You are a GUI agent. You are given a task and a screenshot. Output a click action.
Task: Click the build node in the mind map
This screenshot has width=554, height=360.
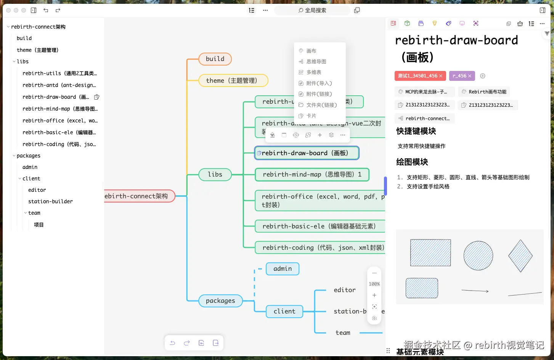215,59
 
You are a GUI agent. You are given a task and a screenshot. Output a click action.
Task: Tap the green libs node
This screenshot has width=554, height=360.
215,174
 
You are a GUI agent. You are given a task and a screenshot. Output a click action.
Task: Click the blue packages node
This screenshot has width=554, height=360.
220,301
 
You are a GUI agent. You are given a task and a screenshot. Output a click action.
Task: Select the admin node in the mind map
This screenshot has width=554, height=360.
283,268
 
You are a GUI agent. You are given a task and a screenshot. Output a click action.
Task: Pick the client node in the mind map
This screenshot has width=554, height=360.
284,311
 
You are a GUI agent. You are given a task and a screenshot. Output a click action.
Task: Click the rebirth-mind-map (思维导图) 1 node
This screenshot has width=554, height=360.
312,174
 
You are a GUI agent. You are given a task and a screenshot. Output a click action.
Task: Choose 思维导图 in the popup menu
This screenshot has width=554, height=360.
316,61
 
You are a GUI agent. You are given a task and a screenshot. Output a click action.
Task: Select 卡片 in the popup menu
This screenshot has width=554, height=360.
311,116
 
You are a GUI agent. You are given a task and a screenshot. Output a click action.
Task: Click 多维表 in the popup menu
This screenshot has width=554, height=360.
314,72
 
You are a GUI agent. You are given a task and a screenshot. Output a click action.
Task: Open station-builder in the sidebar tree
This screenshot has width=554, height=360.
50,201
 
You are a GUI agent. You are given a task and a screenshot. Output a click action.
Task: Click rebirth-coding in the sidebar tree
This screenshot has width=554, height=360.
59,144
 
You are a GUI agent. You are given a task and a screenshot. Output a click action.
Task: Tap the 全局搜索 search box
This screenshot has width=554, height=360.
312,10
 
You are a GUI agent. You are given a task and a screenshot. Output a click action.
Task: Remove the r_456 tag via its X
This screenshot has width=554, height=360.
470,76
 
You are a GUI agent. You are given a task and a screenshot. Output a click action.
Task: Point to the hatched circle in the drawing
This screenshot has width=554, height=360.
478,256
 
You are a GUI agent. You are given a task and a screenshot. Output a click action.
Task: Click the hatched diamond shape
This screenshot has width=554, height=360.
520,256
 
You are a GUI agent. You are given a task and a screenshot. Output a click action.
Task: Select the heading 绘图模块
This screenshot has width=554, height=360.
412,162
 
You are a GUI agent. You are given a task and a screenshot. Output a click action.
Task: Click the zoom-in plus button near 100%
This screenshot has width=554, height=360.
374,295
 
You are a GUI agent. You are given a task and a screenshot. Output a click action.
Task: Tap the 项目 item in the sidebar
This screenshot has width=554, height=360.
39,225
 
